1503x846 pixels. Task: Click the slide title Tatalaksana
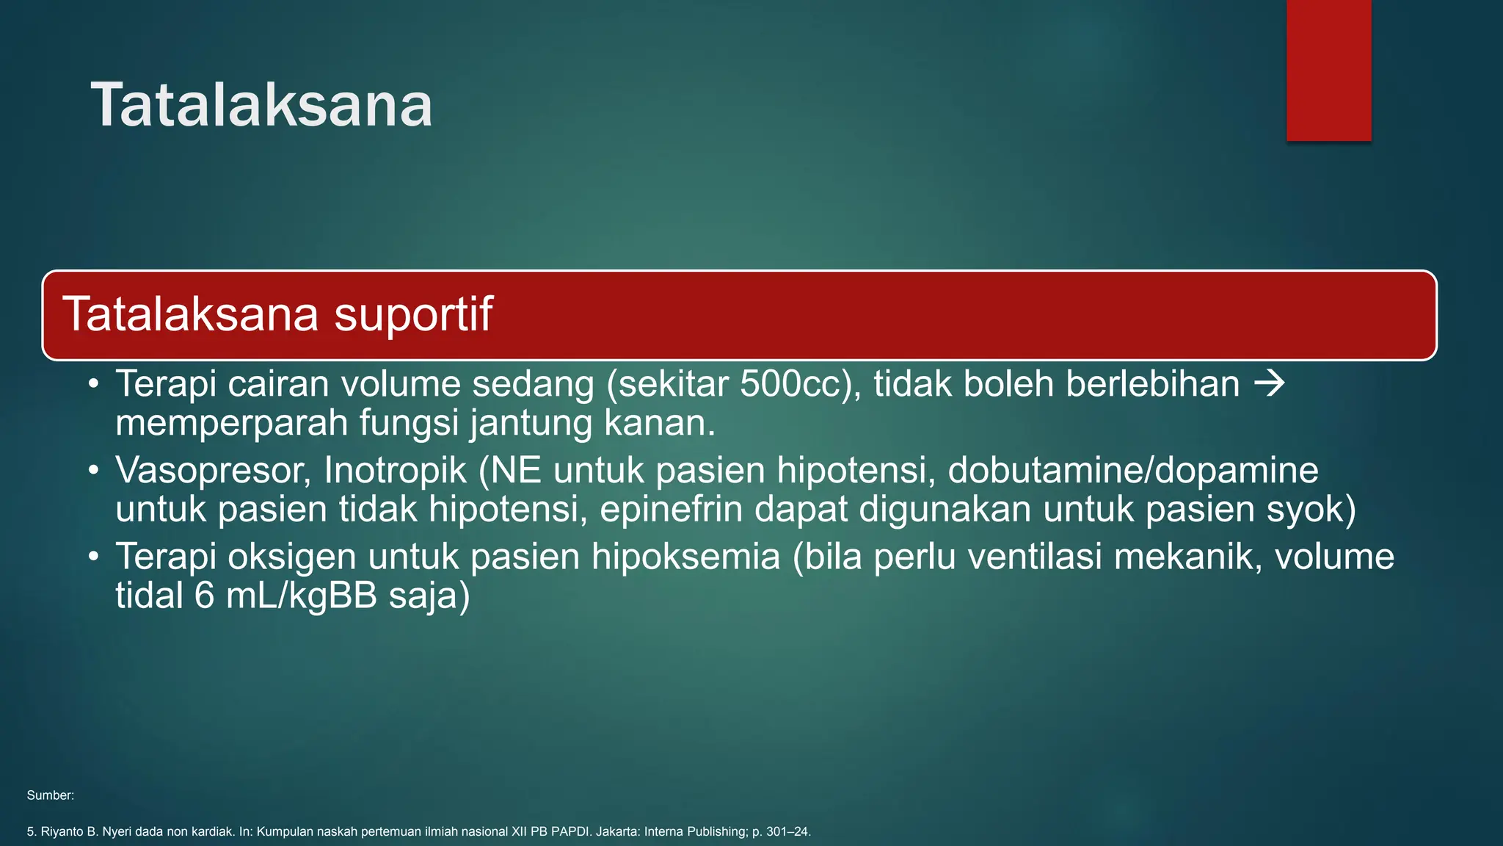[261, 105]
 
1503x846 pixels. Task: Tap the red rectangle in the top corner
[1328, 70]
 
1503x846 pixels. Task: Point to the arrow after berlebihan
[1269, 383]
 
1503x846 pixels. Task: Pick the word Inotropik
[395, 471]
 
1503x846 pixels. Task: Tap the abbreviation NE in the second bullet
[516, 471]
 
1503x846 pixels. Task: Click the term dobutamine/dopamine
[1133, 471]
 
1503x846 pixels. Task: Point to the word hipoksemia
[685, 557]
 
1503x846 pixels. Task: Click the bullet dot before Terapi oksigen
[93, 557]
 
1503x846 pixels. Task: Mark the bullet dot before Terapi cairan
[93, 384]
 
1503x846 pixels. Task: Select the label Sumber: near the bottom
[50, 795]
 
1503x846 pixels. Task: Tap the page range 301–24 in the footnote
[787, 832]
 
